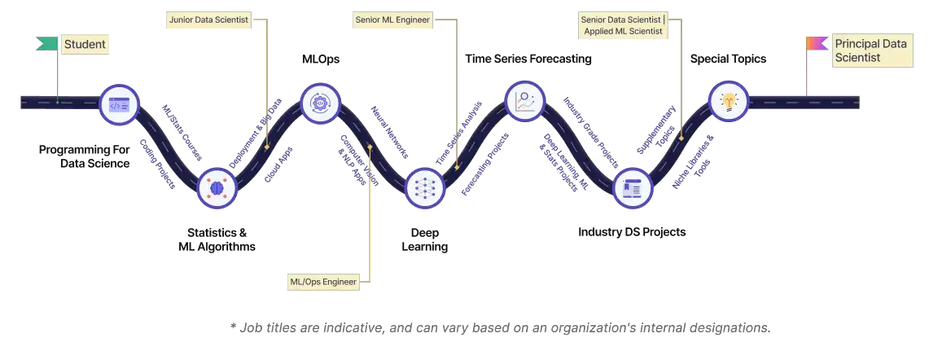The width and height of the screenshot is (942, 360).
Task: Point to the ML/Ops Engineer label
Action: coord(324,282)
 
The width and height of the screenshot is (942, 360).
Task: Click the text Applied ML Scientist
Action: coord(624,31)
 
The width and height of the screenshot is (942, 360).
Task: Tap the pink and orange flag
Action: coord(817,43)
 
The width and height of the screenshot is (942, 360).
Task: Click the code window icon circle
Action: coord(119,104)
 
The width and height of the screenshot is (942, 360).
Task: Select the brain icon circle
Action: coord(217,187)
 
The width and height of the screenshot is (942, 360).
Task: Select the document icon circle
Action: coord(632,187)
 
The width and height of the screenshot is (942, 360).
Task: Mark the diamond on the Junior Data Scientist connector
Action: coord(267,147)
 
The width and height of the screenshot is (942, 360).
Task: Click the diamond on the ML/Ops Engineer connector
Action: coord(370,147)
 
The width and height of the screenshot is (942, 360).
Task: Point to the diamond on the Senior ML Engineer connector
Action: coord(458,168)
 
